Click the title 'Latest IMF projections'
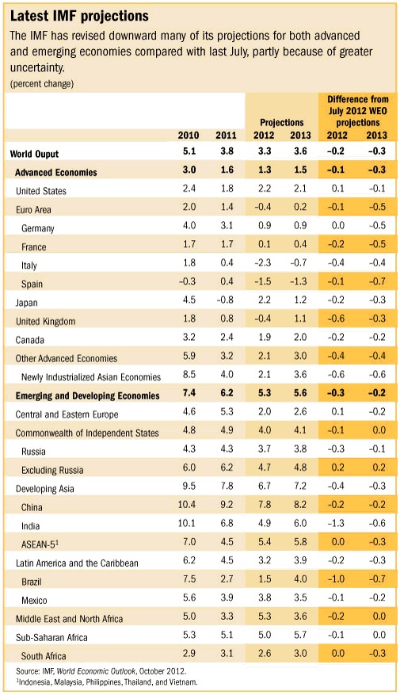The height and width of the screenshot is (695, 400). coord(79,17)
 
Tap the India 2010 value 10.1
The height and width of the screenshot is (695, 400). coord(186,523)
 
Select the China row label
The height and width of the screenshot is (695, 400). coord(32,507)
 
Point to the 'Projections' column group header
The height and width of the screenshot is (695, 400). coord(282,122)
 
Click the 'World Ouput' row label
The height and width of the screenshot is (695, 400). coord(35,155)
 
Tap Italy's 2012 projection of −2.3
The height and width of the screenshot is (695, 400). coord(263,262)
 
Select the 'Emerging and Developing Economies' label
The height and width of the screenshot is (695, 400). coord(88,395)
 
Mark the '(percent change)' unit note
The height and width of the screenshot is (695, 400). coord(42,83)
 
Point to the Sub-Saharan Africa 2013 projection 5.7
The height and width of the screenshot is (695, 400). coord(300,635)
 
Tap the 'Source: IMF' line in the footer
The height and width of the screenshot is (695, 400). coord(101,671)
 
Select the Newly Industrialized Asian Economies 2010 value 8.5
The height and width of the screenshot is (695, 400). coord(189,374)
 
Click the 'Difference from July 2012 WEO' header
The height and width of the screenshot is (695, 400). coord(357,110)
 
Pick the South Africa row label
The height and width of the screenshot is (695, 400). coord(44,656)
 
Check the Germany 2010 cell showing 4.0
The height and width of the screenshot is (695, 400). coord(189,225)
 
